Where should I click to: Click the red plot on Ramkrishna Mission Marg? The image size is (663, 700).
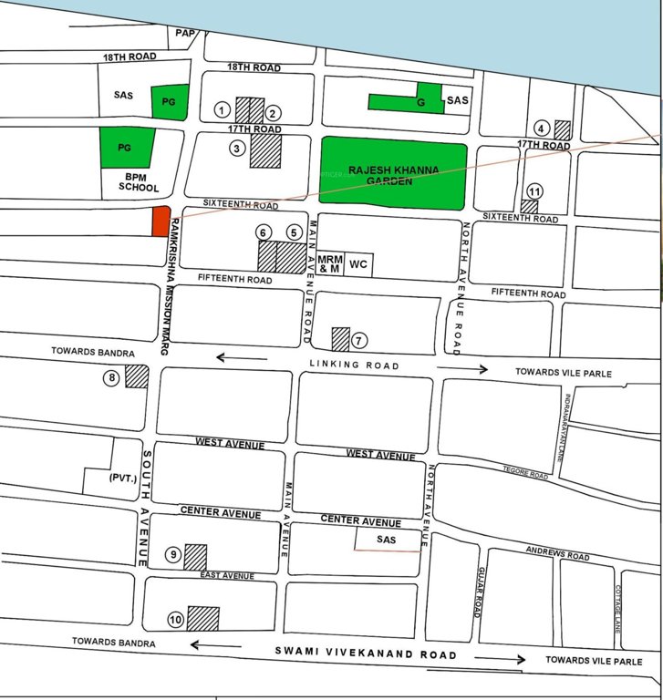point(161,221)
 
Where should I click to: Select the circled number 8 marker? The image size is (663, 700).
point(112,378)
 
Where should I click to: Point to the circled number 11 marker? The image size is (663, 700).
point(535,190)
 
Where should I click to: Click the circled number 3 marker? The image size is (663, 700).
point(237,148)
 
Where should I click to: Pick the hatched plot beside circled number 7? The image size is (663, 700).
point(340,339)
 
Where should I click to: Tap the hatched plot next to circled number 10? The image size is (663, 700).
point(203,618)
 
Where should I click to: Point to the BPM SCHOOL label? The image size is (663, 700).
point(138,182)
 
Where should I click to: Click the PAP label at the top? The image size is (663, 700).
point(185,34)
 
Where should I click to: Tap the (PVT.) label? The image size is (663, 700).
point(122,477)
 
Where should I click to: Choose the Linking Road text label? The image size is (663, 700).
point(356,365)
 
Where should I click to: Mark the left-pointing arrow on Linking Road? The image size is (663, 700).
point(241,359)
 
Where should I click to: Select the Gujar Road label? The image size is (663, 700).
point(478,592)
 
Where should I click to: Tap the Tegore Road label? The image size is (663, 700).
point(525,473)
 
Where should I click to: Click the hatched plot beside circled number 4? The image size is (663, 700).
point(563,129)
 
